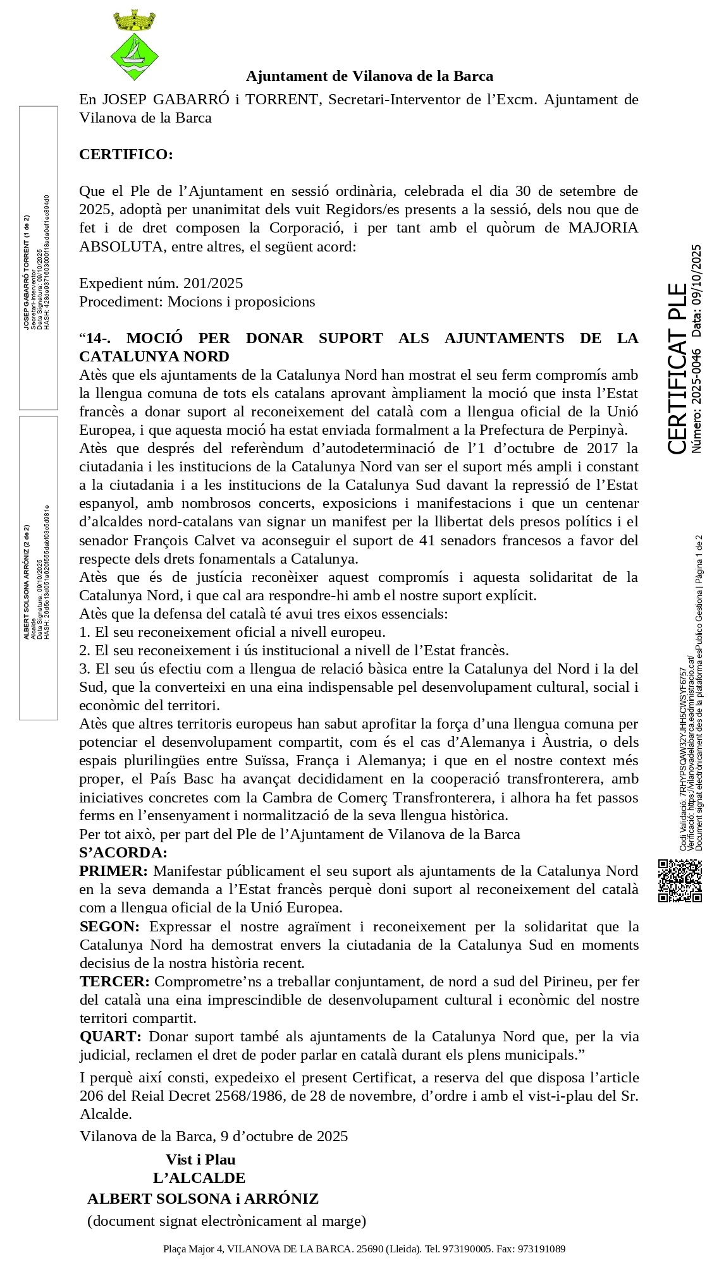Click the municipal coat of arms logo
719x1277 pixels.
[134, 45]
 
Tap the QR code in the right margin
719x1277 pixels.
[680, 880]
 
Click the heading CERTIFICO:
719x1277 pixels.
[126, 154]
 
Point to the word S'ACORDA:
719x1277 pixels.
[123, 852]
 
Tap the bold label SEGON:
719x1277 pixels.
[110, 926]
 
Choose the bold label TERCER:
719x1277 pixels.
[114, 981]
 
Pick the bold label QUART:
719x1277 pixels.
[111, 1036]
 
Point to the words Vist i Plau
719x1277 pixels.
[200, 1159]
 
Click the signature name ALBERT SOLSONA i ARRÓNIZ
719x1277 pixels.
[203, 1199]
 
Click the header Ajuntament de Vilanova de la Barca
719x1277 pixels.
[369, 76]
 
